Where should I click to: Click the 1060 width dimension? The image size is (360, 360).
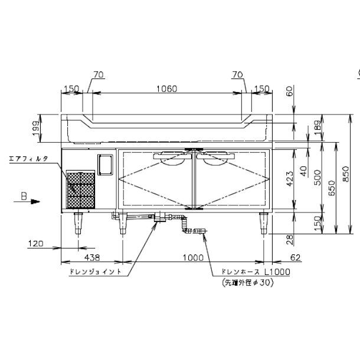tap(166, 89)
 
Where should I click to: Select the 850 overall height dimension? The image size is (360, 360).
tap(345, 174)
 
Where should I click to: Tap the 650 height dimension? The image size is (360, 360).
tap(332, 188)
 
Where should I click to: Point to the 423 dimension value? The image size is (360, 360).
tap(290, 179)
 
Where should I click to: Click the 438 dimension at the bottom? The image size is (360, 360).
tap(92, 257)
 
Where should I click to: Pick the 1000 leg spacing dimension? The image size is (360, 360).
tap(193, 257)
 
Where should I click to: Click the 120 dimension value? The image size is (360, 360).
tap(35, 243)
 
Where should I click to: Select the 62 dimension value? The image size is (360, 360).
tap(296, 257)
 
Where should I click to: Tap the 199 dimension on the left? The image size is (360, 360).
tap(36, 129)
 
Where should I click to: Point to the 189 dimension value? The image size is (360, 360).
tap(318, 127)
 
